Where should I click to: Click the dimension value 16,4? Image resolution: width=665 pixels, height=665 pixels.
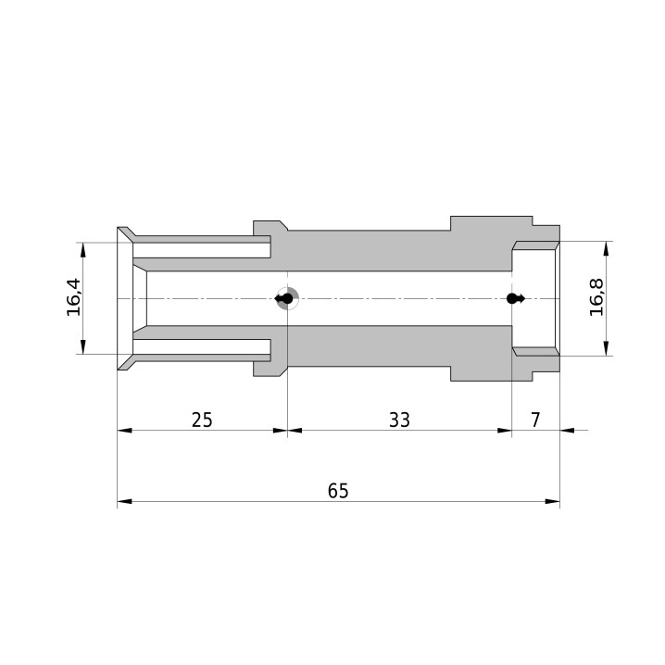(73, 297)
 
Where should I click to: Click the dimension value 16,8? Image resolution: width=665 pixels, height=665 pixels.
(596, 297)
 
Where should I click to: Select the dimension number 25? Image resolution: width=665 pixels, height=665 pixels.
(202, 420)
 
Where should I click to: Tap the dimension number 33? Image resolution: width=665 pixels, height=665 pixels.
(399, 420)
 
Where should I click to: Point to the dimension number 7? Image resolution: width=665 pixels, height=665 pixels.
(535, 420)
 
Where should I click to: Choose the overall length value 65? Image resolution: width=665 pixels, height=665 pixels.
(338, 491)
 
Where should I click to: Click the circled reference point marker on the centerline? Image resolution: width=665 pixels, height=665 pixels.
(287, 299)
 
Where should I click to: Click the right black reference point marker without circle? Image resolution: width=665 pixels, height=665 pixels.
(515, 298)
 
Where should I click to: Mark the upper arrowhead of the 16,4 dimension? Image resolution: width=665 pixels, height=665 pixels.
(82, 250)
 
